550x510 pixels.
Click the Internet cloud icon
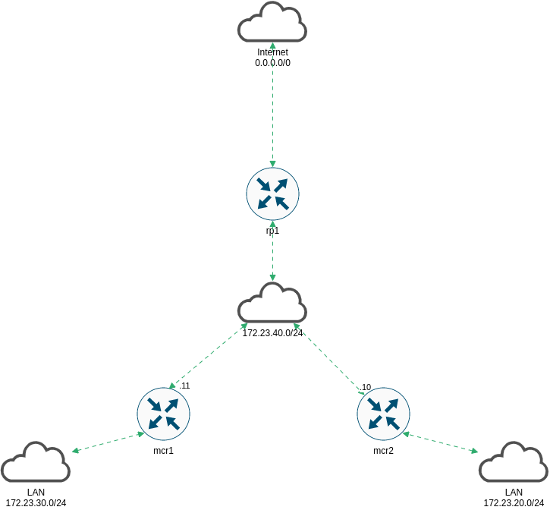pyautogui.click(x=272, y=23)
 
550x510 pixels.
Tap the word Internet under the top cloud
pyautogui.click(x=272, y=52)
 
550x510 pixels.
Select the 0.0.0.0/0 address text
pyautogui.click(x=272, y=63)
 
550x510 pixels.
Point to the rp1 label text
pyautogui.click(x=272, y=230)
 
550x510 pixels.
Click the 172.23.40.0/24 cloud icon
pyautogui.click(x=272, y=304)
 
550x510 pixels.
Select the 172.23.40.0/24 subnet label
pyautogui.click(x=272, y=332)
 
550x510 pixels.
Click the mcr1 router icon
pyautogui.click(x=163, y=413)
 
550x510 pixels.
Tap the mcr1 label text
pyautogui.click(x=163, y=451)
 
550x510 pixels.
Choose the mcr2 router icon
pyautogui.click(x=383, y=413)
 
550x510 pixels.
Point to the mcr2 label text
pyautogui.click(x=383, y=451)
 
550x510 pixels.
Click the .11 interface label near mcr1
pyautogui.click(x=185, y=386)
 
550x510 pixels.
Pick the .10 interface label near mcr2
pyautogui.click(x=366, y=387)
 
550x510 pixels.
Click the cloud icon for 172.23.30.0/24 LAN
pyautogui.click(x=36, y=463)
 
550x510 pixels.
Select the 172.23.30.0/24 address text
pyautogui.click(x=36, y=502)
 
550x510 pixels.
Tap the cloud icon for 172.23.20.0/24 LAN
pyautogui.click(x=514, y=463)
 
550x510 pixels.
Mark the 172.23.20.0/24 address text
pyautogui.click(x=514, y=502)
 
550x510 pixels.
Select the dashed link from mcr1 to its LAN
pyautogui.click(x=108, y=442)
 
